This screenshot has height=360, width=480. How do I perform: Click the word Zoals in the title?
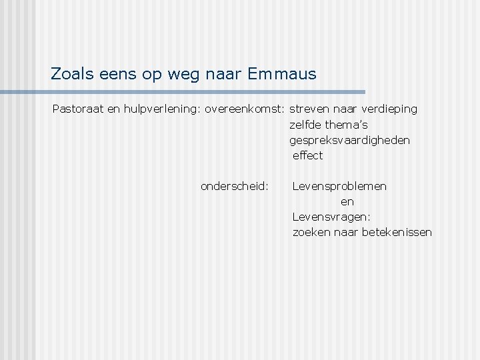pyautogui.click(x=71, y=74)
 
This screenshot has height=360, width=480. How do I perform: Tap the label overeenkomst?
pyautogui.click(x=245, y=109)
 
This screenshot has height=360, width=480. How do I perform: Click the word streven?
pyautogui.click(x=309, y=109)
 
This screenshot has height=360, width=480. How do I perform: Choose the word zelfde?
pyautogui.click(x=307, y=125)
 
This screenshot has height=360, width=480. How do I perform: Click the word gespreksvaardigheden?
pyautogui.click(x=350, y=141)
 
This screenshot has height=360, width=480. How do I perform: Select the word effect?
pyautogui.click(x=307, y=155)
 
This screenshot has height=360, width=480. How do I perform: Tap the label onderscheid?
pyautogui.click(x=235, y=186)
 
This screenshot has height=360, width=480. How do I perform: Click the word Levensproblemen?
pyautogui.click(x=339, y=186)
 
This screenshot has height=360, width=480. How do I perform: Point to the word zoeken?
pyautogui.click(x=311, y=232)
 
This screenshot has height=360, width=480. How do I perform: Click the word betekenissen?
pyautogui.click(x=397, y=232)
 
